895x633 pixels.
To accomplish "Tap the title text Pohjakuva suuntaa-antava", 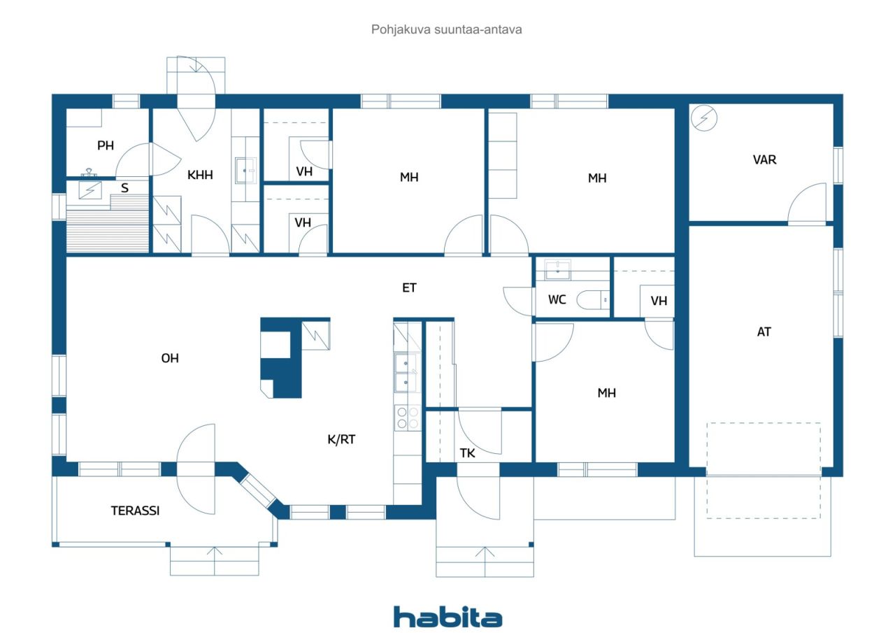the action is (x=446, y=29).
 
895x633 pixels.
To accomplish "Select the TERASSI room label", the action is (x=135, y=511).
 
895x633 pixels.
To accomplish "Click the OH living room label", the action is (x=170, y=358).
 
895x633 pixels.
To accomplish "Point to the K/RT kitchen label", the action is (x=341, y=439).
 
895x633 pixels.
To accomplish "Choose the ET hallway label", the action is (x=409, y=287).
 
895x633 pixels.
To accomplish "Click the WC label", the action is (x=557, y=299).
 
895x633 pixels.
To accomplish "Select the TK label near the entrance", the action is (x=467, y=453).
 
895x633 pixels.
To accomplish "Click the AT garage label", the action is (x=764, y=332).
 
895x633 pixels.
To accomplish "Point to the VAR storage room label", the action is (x=764, y=160).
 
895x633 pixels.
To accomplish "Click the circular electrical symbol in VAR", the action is (x=704, y=118).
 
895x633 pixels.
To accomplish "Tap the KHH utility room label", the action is (x=200, y=175).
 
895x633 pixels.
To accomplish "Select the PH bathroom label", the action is (x=106, y=145).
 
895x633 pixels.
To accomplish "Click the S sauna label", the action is (x=124, y=188).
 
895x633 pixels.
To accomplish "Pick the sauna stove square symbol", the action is (x=90, y=190).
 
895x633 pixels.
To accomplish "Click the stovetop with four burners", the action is (x=408, y=418).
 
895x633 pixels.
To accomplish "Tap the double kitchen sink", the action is (x=407, y=372).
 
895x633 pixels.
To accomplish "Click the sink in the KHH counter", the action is (x=245, y=171).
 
